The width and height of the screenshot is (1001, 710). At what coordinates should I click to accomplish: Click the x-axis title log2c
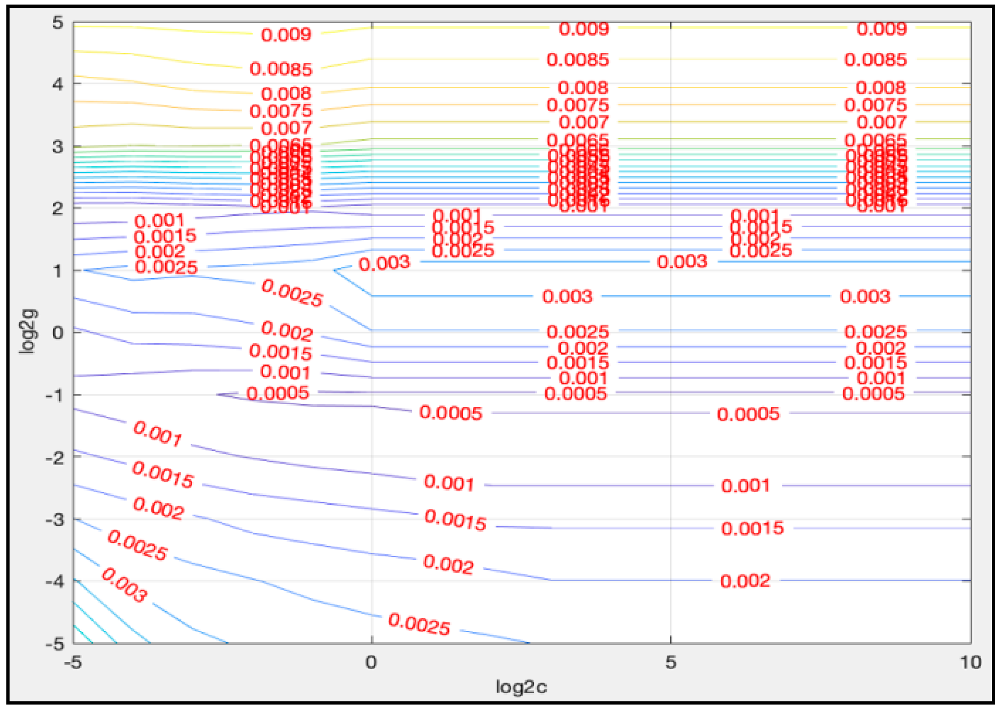pyautogui.click(x=521, y=687)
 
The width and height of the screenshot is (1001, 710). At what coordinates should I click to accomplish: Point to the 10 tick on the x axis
pyautogui.click(x=970, y=662)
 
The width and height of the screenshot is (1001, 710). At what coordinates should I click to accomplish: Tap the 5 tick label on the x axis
pyautogui.click(x=671, y=662)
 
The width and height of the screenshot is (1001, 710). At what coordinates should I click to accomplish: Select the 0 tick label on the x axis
pyautogui.click(x=371, y=662)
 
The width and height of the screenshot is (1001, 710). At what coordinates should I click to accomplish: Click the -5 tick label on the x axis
pyautogui.click(x=73, y=662)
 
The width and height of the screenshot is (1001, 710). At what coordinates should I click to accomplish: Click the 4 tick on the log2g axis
pyautogui.click(x=58, y=84)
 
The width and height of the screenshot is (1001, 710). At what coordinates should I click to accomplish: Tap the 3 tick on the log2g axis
pyautogui.click(x=58, y=147)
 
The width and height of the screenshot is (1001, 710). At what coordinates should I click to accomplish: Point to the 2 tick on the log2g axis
pyautogui.click(x=58, y=209)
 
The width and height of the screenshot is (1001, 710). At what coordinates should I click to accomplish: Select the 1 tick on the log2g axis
pyautogui.click(x=58, y=271)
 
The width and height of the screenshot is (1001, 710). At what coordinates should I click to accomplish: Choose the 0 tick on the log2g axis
pyautogui.click(x=58, y=333)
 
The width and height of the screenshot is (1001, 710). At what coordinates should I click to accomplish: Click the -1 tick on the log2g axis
pyautogui.click(x=54, y=395)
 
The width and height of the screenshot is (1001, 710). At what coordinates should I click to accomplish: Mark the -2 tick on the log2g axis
pyautogui.click(x=54, y=457)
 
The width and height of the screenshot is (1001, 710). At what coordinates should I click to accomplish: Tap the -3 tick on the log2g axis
pyautogui.click(x=54, y=519)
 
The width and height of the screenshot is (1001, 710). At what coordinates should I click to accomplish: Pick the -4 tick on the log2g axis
pyautogui.click(x=54, y=581)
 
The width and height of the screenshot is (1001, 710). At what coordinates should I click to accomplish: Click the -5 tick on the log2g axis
pyautogui.click(x=54, y=644)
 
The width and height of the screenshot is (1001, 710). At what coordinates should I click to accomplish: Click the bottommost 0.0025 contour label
pyautogui.click(x=419, y=624)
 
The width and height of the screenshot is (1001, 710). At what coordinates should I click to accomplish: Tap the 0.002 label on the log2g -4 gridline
pyautogui.click(x=745, y=581)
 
